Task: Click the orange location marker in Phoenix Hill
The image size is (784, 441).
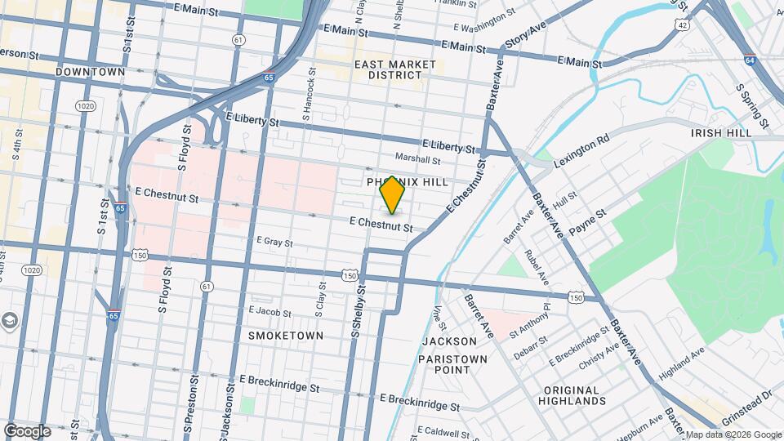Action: (393, 194)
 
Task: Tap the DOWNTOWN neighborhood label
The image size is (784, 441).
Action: (90, 72)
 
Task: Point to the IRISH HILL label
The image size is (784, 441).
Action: (720, 133)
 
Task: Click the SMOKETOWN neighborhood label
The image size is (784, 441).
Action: (286, 336)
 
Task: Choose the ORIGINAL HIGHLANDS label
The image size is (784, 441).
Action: (572, 395)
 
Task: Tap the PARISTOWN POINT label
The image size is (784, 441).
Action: (452, 364)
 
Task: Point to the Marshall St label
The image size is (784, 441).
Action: (417, 158)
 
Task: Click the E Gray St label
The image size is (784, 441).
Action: (274, 242)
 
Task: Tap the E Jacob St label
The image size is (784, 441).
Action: (270, 312)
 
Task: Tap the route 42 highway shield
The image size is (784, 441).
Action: (681, 25)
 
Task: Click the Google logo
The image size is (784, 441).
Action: (27, 430)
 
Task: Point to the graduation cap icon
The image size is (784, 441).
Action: (9, 320)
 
